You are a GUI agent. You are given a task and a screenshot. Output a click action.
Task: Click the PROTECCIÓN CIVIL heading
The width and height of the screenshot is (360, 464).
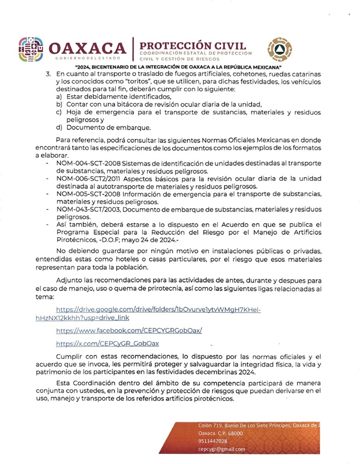(193, 46)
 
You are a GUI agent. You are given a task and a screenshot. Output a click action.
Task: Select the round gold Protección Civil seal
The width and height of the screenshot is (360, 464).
(279, 49)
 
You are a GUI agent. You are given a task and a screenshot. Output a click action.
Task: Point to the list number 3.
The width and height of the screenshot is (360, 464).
(47, 75)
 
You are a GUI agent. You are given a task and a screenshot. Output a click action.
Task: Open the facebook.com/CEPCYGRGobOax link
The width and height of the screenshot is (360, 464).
(129, 330)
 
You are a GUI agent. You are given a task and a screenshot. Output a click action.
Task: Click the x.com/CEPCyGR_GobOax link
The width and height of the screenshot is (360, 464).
(107, 344)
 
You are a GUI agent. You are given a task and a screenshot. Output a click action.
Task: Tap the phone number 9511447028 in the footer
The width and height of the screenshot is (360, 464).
(213, 441)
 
